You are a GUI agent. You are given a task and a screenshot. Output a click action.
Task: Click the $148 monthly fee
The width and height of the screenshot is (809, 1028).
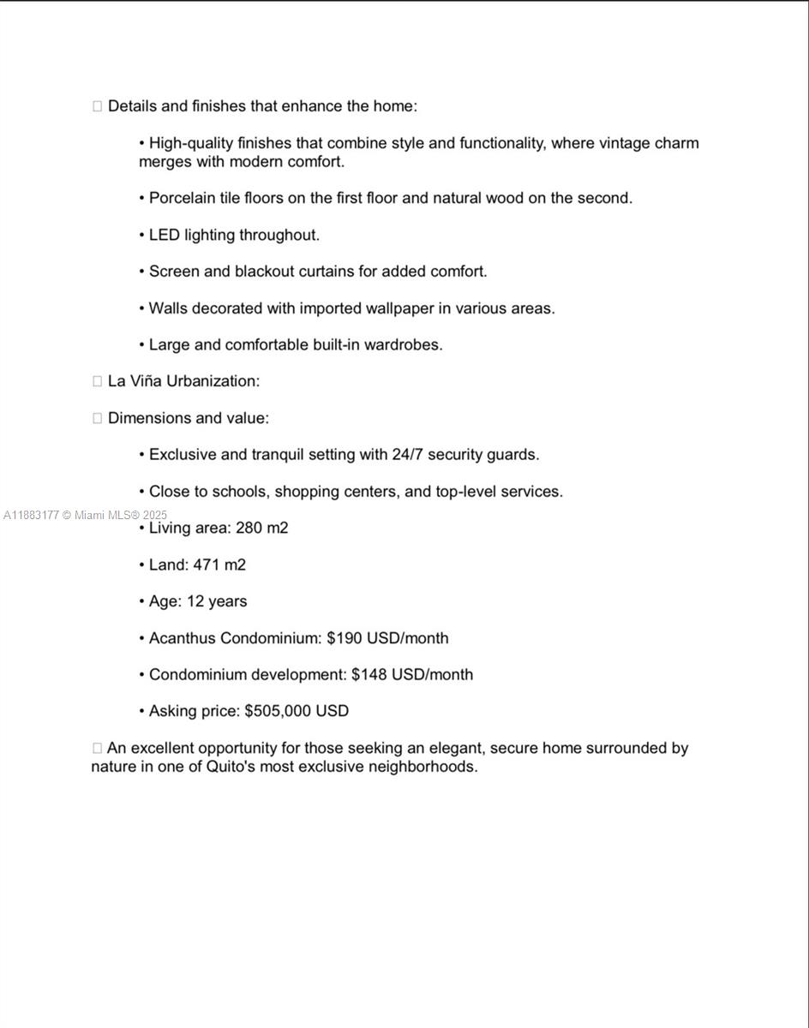pos(369,675)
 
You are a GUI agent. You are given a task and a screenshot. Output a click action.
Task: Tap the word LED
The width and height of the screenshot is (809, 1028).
pos(165,235)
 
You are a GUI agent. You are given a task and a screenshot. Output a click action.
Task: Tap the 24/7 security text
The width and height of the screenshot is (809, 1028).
pos(408,455)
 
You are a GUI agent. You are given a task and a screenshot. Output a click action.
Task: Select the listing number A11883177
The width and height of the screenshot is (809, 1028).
pos(31,515)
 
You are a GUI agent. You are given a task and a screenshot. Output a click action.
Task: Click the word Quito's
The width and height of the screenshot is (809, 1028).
pos(231,767)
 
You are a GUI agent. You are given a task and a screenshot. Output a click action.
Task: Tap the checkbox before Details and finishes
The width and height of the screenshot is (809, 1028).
pos(97,106)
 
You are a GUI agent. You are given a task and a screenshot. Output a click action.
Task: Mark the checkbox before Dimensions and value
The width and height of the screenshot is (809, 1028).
pos(97,418)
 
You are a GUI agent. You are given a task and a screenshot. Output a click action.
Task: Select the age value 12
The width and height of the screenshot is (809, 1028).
pos(195,601)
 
